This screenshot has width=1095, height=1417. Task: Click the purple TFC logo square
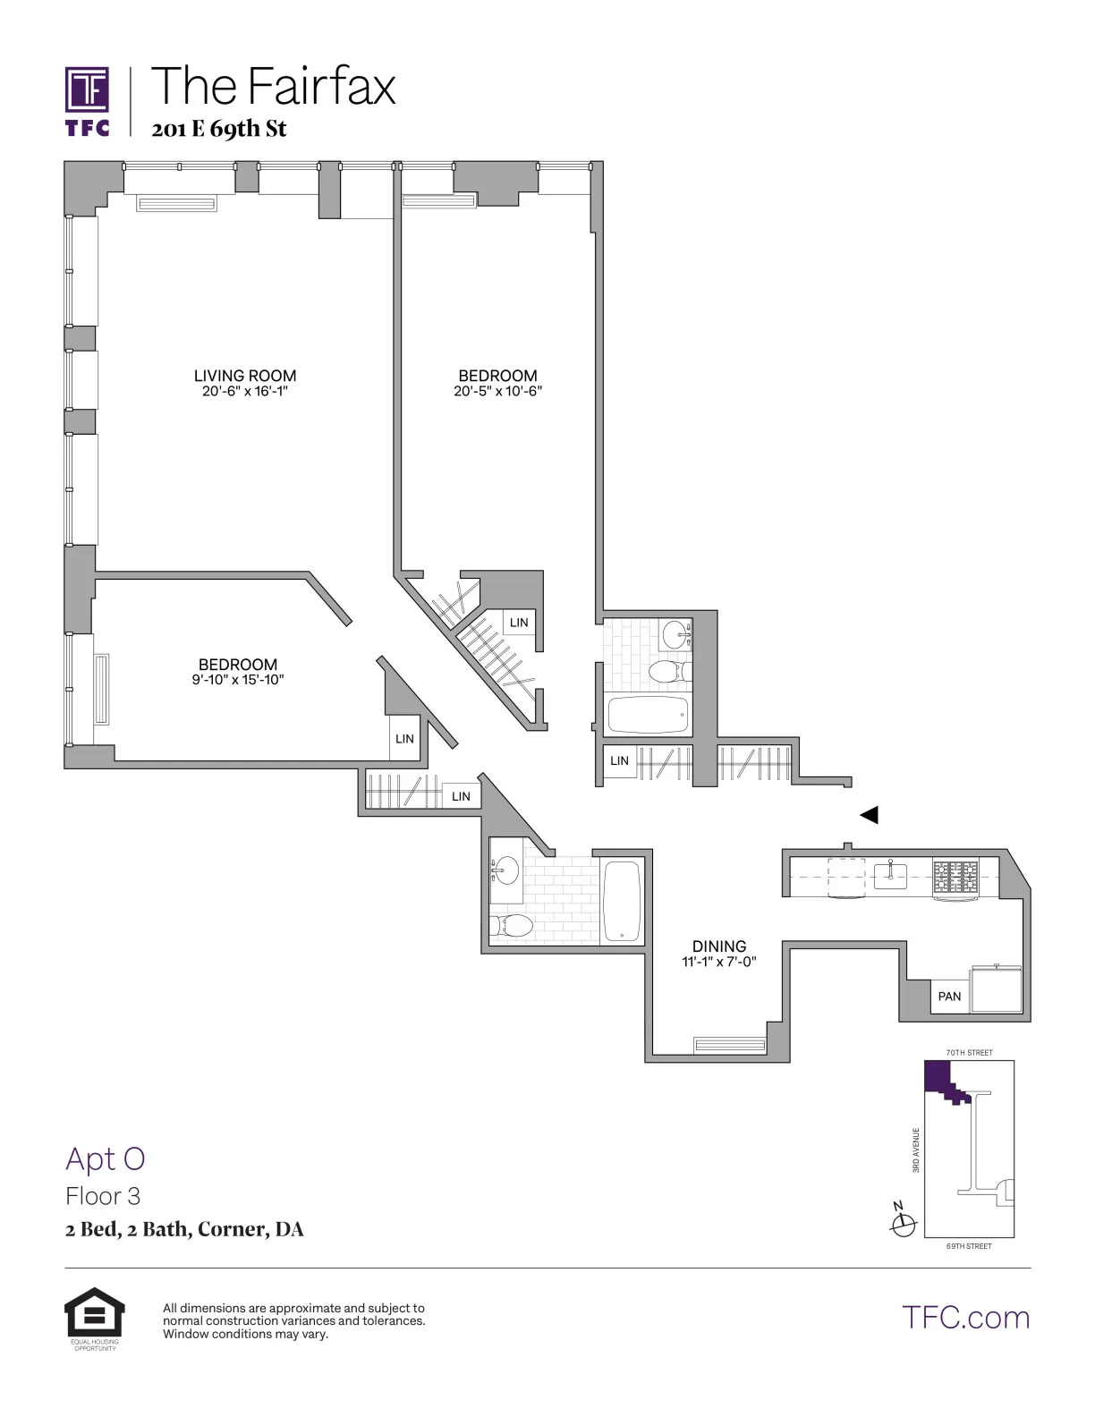(x=88, y=91)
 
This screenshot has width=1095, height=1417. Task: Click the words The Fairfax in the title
(x=274, y=87)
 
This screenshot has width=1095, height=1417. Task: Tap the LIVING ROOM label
(x=245, y=376)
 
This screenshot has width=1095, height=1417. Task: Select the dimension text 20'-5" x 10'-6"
(x=498, y=391)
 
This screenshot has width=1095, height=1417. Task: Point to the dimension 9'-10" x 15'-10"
(x=238, y=680)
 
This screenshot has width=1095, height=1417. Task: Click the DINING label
(x=719, y=946)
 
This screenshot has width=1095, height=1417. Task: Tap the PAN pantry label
(x=949, y=997)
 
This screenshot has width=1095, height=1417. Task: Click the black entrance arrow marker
(x=869, y=815)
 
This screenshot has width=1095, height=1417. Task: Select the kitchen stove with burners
(x=955, y=877)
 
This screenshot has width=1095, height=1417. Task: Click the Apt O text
(x=105, y=1158)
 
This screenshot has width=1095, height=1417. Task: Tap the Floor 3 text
(x=103, y=1196)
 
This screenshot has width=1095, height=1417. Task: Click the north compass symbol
(x=904, y=1221)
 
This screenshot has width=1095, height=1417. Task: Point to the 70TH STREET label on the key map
(x=969, y=1053)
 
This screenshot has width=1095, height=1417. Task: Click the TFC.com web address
(x=965, y=1317)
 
